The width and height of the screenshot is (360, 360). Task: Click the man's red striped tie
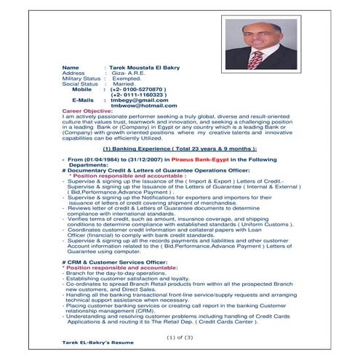(255, 57)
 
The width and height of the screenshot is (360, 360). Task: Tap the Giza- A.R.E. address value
(128, 72)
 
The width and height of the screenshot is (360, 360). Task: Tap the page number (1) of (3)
(179, 337)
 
